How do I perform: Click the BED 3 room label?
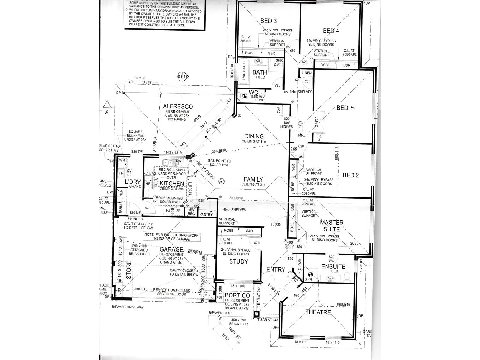coord(268,21)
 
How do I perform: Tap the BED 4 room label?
coord(331,31)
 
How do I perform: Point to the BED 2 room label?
coord(350,175)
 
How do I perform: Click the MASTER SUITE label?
coord(331,226)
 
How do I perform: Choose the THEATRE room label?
coord(318,312)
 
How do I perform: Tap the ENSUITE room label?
coord(333,267)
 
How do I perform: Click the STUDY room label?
coord(238,262)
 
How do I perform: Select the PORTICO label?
coord(237,296)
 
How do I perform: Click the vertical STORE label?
coord(129,270)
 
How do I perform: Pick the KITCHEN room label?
coord(172,184)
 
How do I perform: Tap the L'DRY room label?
coord(133,182)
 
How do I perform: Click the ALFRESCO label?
coord(178,106)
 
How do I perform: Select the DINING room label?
coord(254,136)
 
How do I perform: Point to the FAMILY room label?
coord(253,179)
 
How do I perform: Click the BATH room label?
coord(260,72)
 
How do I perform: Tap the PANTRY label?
coord(206,214)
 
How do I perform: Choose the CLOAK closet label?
coord(299,264)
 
